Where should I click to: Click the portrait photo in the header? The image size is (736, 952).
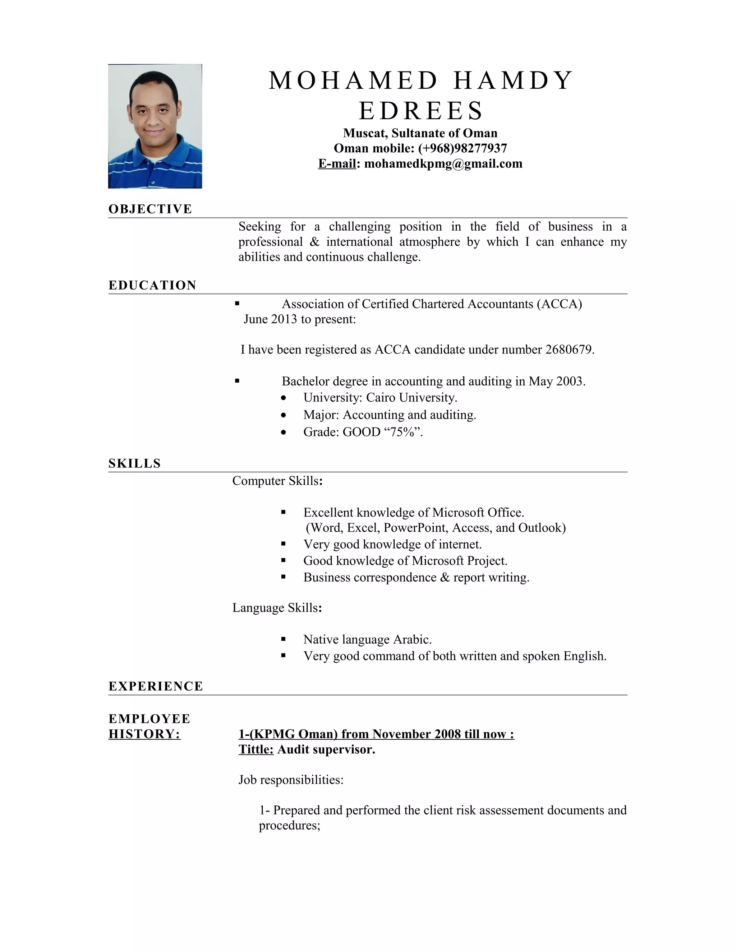click(155, 126)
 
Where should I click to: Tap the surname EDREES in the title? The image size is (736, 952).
click(421, 110)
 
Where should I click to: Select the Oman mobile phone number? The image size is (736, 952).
click(463, 148)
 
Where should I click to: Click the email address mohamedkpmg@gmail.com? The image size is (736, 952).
click(443, 163)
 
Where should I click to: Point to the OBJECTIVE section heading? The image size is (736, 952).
click(150, 209)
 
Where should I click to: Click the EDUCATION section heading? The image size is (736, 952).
click(152, 285)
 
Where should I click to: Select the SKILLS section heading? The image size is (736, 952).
click(134, 463)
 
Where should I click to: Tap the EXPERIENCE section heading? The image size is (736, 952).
click(156, 686)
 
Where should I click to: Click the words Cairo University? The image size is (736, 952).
click(411, 398)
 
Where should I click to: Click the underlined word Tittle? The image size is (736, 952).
click(256, 749)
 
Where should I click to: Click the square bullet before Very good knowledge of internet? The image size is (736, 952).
click(284, 544)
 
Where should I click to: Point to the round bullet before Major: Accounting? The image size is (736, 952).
click(284, 415)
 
